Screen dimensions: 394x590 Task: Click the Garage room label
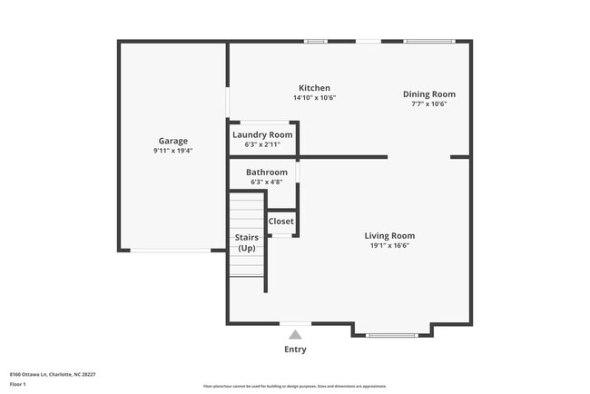click(x=173, y=141)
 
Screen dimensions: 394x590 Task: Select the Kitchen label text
click(x=314, y=88)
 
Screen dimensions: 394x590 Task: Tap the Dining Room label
click(x=429, y=94)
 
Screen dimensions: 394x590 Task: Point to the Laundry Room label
click(x=262, y=134)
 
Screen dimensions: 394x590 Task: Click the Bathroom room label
click(x=267, y=172)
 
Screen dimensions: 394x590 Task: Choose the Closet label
click(x=281, y=221)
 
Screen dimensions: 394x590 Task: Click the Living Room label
click(x=389, y=235)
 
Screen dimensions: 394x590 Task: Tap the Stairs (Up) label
click(x=247, y=242)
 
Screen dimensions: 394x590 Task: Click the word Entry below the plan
click(x=295, y=350)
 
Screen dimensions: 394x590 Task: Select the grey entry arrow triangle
click(x=295, y=334)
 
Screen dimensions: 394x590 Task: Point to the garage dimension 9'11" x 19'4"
click(x=173, y=151)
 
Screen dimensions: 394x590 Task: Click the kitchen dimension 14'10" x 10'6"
click(x=314, y=98)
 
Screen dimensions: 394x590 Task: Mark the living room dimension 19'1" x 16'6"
click(x=389, y=245)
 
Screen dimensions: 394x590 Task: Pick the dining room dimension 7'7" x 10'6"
click(x=429, y=103)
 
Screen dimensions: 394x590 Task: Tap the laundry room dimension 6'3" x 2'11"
click(x=262, y=144)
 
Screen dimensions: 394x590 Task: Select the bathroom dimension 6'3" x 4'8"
click(x=267, y=182)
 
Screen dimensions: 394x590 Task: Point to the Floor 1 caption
click(x=19, y=384)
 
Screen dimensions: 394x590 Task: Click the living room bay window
click(x=391, y=335)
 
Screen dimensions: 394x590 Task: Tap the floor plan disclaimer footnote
click(x=295, y=386)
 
